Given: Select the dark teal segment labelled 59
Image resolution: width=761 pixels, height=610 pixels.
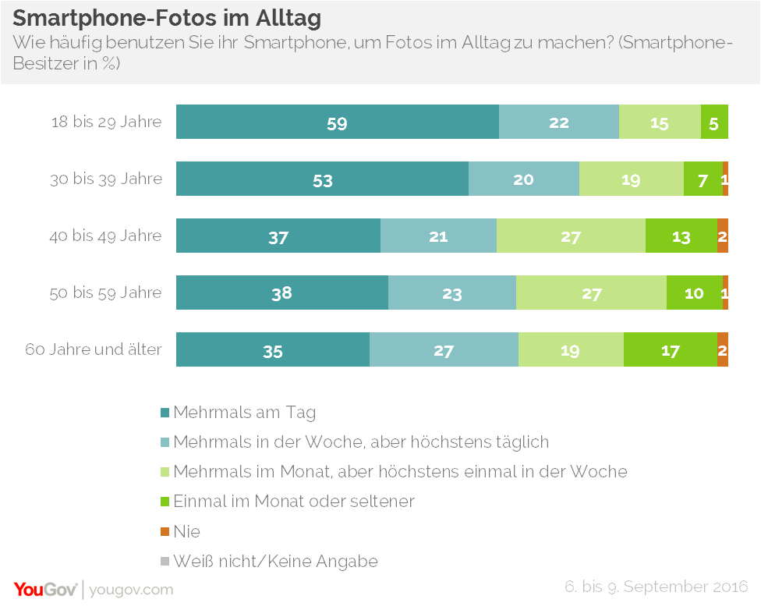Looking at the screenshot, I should click(x=337, y=122).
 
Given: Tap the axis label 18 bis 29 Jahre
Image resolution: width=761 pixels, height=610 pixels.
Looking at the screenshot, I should click(x=106, y=122).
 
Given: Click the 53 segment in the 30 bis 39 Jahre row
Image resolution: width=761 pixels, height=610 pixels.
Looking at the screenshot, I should click(x=322, y=179).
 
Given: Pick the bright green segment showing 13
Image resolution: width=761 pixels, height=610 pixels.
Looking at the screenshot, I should click(x=681, y=236).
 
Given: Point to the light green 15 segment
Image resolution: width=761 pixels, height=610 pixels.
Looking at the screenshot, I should click(x=660, y=122).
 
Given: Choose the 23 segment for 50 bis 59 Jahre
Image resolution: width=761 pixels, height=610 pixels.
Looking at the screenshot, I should click(x=451, y=293).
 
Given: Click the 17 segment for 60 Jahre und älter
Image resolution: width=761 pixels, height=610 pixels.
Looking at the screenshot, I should click(x=670, y=349).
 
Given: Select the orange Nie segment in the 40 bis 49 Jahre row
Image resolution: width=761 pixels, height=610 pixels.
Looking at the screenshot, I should click(x=723, y=236).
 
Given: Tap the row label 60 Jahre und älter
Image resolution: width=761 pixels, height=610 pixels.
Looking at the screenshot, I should click(x=94, y=349).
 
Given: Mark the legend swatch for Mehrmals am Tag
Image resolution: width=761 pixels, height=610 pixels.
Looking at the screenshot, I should click(x=165, y=413).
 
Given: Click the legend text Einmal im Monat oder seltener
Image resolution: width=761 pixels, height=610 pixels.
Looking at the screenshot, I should click(x=293, y=502).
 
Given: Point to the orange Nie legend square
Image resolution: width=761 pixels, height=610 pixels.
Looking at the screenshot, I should click(x=165, y=532).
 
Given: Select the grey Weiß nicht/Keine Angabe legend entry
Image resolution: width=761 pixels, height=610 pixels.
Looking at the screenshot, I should click(x=275, y=562).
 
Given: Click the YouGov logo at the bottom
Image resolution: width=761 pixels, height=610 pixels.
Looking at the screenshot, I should click(x=45, y=589).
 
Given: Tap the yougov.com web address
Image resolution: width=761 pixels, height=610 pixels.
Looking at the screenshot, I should click(x=131, y=590).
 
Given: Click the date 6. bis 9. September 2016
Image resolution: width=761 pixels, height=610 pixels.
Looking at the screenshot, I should click(x=657, y=587).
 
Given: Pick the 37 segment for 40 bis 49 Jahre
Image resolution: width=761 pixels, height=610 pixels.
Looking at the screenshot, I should click(x=278, y=236).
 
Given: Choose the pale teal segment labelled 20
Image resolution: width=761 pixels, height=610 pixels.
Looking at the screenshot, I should click(x=523, y=179).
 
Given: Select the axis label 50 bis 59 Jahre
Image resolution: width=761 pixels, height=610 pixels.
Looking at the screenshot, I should click(x=106, y=293).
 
